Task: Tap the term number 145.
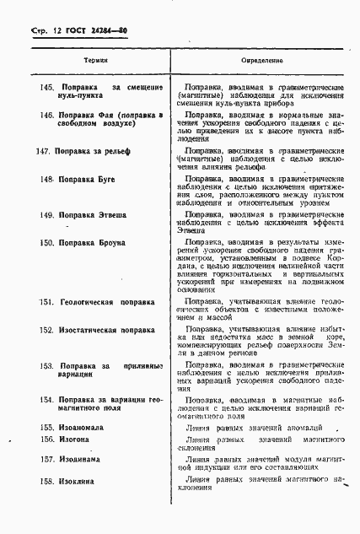tap(50, 88)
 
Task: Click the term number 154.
tap(49, 398)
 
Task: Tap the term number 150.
tap(48, 243)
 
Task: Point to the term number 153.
tap(49, 366)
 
